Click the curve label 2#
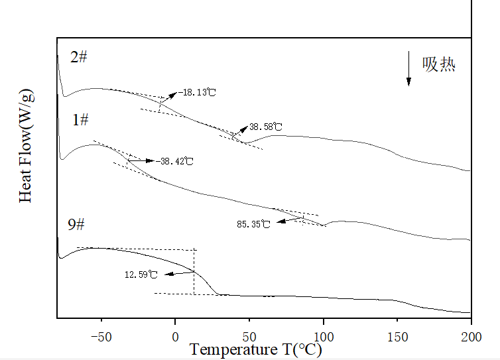click(x=79, y=57)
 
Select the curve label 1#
click(x=81, y=120)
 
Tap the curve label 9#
click(x=76, y=225)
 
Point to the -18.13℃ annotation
click(x=197, y=92)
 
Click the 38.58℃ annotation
click(x=265, y=127)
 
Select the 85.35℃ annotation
click(x=253, y=224)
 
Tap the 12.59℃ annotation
click(x=141, y=274)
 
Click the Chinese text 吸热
click(x=439, y=64)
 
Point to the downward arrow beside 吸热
click(x=408, y=68)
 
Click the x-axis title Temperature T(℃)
click(x=256, y=349)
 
